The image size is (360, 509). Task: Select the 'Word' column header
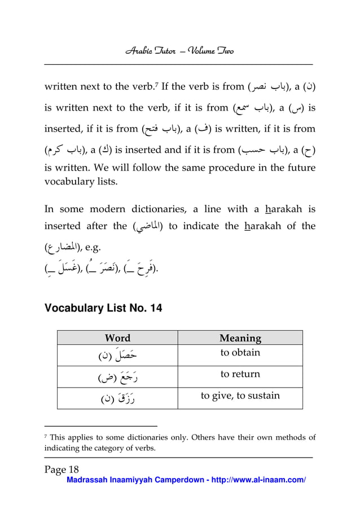pos(117,338)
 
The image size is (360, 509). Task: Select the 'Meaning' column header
pos(240,338)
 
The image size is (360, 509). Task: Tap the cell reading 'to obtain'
pos(240,353)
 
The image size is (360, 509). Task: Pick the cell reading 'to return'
pos(240,374)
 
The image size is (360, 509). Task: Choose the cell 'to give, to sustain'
pos(240,395)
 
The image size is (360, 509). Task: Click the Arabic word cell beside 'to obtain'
pos(117,356)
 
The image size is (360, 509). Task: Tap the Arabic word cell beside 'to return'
pos(117,376)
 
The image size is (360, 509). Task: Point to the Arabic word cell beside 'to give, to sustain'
pos(117,398)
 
